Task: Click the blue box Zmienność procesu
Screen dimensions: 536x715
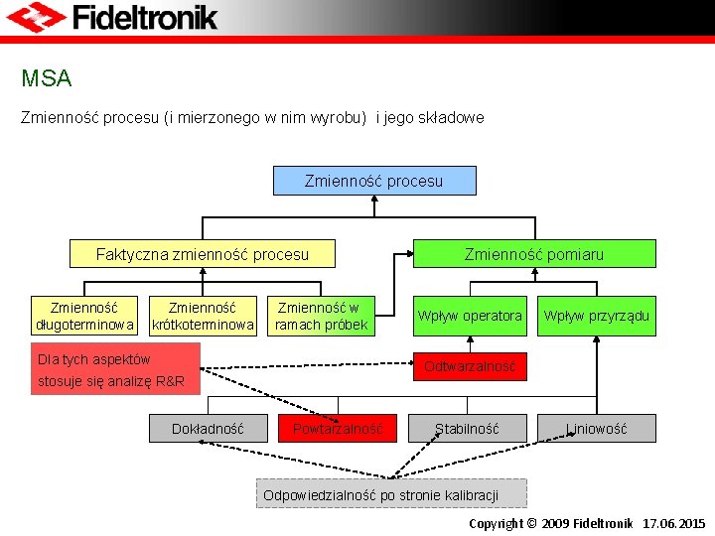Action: click(x=373, y=181)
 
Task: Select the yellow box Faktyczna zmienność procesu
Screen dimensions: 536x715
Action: click(x=202, y=254)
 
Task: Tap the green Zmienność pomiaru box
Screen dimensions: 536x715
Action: click(x=533, y=254)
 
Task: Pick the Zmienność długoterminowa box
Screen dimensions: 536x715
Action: click(x=84, y=316)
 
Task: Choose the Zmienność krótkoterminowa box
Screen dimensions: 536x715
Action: click(x=204, y=316)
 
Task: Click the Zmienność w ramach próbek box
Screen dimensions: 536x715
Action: click(x=321, y=316)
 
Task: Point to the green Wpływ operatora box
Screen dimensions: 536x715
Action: click(x=470, y=316)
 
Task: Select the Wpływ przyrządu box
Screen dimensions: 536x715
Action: click(x=596, y=316)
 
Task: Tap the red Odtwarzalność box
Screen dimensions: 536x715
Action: click(x=470, y=366)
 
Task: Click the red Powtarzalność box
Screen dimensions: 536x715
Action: click(x=338, y=429)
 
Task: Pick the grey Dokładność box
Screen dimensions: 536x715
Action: click(x=208, y=429)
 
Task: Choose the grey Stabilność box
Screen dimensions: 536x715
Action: click(x=467, y=429)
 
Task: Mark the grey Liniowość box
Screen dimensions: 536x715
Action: click(x=596, y=429)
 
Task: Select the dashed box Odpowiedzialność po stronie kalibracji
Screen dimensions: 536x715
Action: click(x=391, y=494)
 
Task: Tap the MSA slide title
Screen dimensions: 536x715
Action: click(x=46, y=77)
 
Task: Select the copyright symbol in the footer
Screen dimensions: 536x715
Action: click(x=531, y=523)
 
